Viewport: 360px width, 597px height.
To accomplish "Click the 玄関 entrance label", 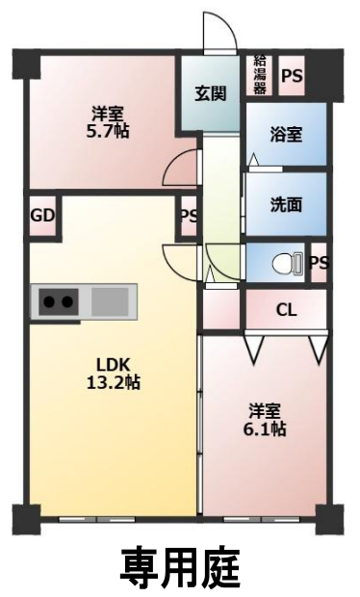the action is pos(211,93).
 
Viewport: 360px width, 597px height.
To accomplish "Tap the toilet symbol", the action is pos(288,263).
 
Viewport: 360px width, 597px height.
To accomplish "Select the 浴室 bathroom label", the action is pos(286,135).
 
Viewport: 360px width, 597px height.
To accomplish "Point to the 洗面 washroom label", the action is pos(286,205).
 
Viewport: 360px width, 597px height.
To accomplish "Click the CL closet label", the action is pos(286,310).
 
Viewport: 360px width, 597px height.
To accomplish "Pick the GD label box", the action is pos(43,216).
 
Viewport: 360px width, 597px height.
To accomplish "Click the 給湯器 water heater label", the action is pos(260,75).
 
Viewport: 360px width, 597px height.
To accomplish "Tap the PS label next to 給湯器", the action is pos(292,76).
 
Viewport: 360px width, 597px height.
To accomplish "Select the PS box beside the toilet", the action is pos(319,263).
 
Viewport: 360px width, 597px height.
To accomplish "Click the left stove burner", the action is pos(49,302).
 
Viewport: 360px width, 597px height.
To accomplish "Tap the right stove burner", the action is pos(67,302).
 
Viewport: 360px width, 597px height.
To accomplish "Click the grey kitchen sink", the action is pos(110,301).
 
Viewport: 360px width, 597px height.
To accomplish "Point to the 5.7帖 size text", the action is pos(108,131).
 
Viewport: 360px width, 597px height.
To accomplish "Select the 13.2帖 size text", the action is pos(114,382).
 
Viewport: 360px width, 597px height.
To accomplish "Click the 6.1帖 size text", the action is pos(265,429).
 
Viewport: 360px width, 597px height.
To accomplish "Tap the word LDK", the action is pos(114,365).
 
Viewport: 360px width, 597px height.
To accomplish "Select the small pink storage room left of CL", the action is pos(221,309).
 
